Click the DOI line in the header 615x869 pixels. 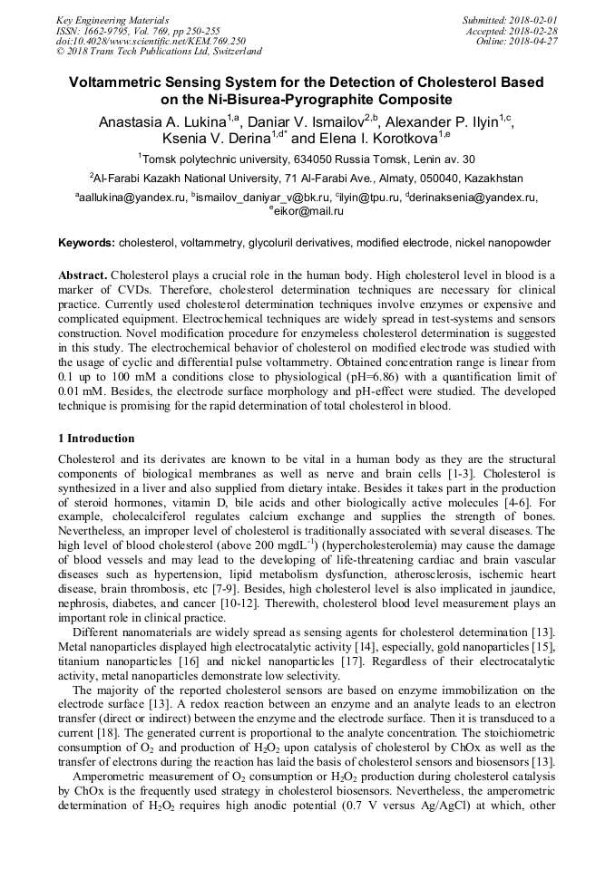(150, 41)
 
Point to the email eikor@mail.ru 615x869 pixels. (310, 210)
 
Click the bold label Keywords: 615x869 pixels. (87, 243)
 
